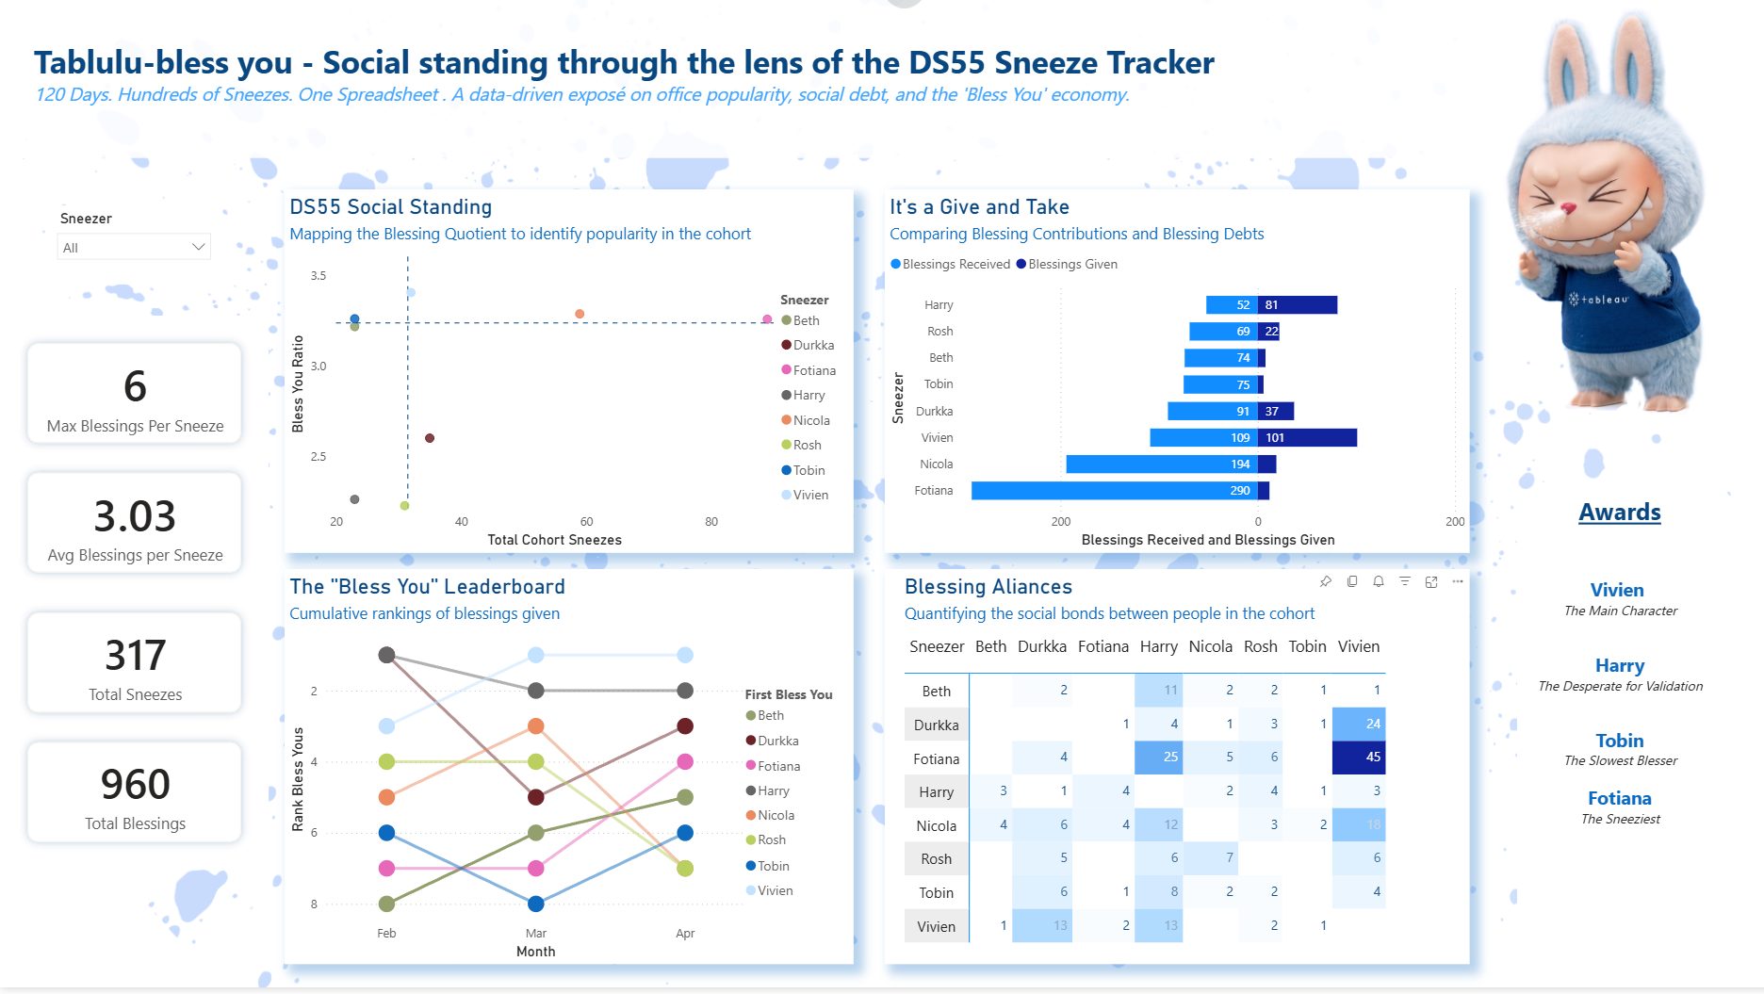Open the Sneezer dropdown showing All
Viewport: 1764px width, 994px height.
(133, 248)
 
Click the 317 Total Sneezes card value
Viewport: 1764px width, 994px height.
(135, 656)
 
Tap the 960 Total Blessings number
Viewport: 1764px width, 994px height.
(135, 785)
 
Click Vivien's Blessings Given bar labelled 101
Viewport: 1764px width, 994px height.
(1308, 438)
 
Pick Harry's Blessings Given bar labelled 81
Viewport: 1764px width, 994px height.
(1298, 305)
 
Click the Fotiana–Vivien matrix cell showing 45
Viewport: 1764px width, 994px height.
(1359, 758)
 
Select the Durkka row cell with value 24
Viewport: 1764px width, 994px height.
(1359, 725)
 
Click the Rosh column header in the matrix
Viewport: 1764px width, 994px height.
(1260, 646)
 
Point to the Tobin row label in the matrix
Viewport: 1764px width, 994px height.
(936, 893)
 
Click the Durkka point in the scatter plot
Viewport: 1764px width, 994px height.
(430, 438)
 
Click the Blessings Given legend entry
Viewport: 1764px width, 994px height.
(1071, 264)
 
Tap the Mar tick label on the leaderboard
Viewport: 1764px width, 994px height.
(535, 934)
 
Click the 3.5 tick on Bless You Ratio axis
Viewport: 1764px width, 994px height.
(318, 276)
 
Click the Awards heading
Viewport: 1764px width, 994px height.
(1619, 513)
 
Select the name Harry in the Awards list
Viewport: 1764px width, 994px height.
(1619, 666)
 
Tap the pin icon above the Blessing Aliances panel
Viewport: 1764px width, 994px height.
(1325, 581)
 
